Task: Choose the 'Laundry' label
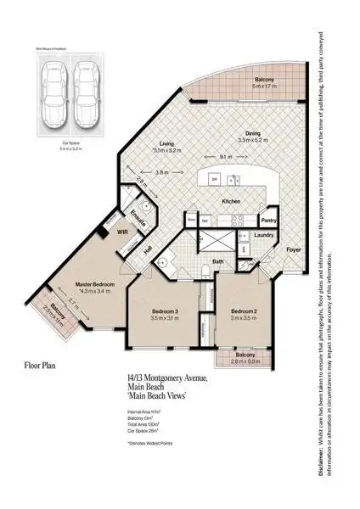(x=264, y=236)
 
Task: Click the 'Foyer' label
(x=294, y=250)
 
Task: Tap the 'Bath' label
(x=217, y=262)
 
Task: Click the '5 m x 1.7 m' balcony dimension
(x=267, y=87)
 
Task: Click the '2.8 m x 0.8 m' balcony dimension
(x=245, y=362)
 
